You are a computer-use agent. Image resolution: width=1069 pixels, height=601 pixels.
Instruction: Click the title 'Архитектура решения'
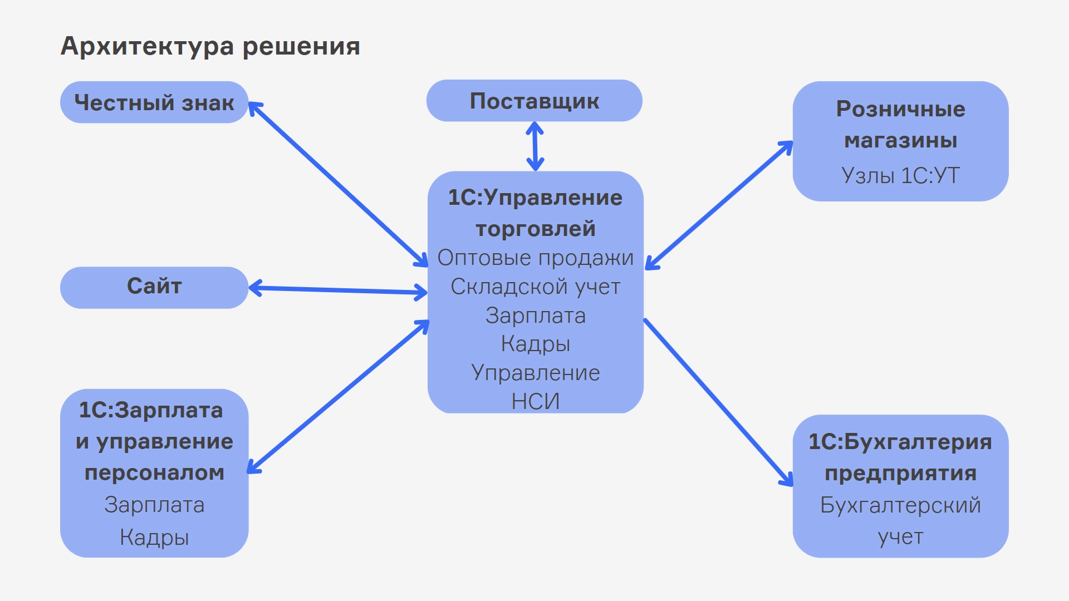click(x=210, y=46)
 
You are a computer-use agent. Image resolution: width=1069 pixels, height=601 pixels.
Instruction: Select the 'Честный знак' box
click(x=154, y=102)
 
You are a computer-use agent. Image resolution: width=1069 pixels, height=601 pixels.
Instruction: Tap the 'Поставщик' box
click(x=534, y=101)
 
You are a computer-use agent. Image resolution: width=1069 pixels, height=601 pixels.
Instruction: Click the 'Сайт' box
click(x=154, y=287)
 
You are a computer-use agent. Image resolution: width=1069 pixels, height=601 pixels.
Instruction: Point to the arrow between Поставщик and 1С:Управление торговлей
click(x=535, y=146)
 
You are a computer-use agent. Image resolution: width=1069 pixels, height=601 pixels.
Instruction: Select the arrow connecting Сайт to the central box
click(x=338, y=290)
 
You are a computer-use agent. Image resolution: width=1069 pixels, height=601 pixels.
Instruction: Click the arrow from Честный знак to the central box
click(x=338, y=184)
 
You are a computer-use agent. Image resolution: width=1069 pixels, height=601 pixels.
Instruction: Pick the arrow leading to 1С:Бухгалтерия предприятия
click(x=718, y=402)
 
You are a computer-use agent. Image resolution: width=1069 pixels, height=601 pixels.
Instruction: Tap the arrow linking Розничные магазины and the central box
click(x=719, y=205)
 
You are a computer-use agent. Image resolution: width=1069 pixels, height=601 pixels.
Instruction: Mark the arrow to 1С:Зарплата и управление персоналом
click(x=338, y=397)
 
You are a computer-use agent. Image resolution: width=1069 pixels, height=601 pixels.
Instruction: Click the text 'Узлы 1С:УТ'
click(x=900, y=176)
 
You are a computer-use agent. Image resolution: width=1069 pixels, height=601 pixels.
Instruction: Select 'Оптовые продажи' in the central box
click(x=535, y=258)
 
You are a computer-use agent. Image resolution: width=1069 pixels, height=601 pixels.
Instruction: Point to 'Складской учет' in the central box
click(x=535, y=287)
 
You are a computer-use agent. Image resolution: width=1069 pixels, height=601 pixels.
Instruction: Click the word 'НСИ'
click(x=535, y=401)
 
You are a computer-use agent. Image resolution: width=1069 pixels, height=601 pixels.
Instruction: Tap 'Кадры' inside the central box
click(x=535, y=344)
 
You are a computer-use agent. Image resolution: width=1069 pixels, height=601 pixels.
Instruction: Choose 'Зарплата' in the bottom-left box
click(x=154, y=505)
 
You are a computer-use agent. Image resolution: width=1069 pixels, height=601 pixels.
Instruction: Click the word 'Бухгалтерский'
click(x=900, y=505)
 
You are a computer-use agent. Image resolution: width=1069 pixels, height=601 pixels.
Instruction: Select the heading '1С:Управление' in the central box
click(x=535, y=198)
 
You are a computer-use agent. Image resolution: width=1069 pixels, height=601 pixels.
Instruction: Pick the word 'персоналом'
click(x=154, y=473)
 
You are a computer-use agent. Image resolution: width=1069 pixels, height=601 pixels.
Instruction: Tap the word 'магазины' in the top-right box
click(x=900, y=140)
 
